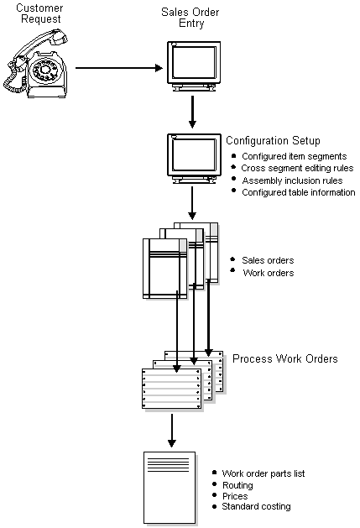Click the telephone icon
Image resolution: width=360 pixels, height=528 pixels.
[35, 60]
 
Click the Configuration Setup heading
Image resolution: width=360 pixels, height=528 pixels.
[273, 140]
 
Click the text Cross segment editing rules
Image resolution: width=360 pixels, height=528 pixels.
[297, 168]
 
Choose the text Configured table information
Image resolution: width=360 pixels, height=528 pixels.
[298, 192]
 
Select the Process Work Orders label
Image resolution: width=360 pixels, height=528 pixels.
[284, 358]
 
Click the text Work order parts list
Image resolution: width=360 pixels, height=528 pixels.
[263, 473]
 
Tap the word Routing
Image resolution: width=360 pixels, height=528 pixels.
[237, 484]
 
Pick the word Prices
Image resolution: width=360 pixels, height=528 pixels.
[234, 495]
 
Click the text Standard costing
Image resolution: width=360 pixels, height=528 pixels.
[256, 506]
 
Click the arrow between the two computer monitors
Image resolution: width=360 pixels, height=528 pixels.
[192, 111]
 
